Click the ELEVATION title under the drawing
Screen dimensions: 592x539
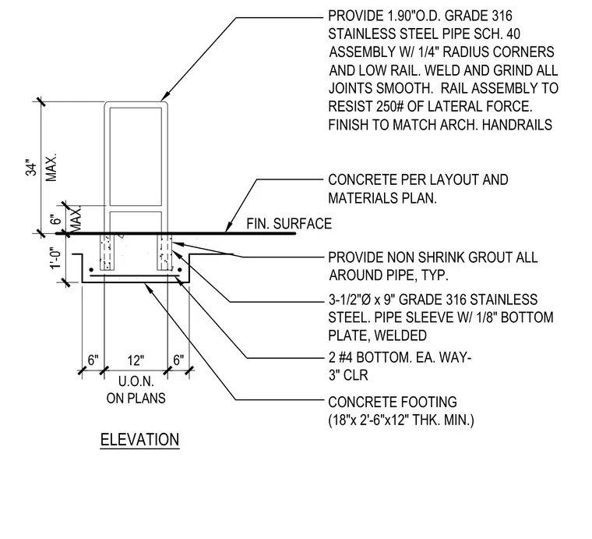coord(139,440)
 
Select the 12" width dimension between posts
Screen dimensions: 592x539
coord(136,360)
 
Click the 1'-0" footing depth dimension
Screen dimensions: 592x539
coord(55,257)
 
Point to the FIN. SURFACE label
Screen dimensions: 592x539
coord(289,223)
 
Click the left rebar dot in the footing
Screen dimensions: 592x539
coord(91,270)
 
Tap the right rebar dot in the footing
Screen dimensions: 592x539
coord(180,270)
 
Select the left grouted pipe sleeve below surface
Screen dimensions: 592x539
coord(107,252)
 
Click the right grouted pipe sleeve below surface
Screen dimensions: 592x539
coord(164,252)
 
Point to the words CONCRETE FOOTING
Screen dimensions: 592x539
coord(393,402)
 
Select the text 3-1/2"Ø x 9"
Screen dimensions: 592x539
coord(361,300)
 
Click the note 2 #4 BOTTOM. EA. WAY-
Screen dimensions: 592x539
coord(400,356)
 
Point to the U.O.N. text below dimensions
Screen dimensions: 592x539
coord(136,381)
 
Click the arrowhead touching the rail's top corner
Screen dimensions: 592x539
coord(166,98)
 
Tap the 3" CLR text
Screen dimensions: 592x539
coord(348,375)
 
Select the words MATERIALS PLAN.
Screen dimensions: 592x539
coord(382,197)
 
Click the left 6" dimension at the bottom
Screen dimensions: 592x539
coord(93,360)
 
